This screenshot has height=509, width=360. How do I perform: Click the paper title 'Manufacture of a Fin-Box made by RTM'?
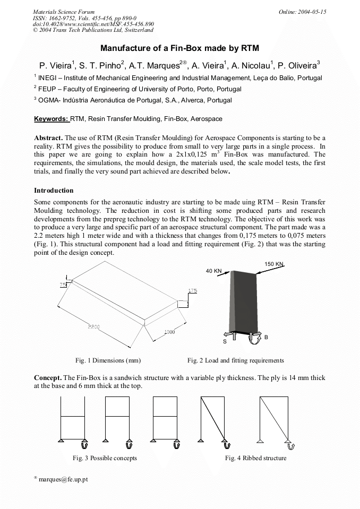coord(179,48)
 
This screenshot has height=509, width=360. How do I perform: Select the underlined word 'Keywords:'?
coord(52,119)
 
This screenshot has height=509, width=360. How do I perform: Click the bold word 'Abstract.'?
coord(48,137)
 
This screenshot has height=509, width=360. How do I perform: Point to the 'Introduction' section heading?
coord(54,190)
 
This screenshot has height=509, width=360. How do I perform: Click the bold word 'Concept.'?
coord(47,377)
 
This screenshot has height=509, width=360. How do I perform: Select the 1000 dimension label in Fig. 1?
coord(169,332)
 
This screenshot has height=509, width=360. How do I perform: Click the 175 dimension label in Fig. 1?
coord(192,291)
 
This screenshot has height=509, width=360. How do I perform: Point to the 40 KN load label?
coord(213,271)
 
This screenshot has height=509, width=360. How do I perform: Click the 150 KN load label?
coord(274,264)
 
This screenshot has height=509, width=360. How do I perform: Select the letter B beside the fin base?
coord(266,337)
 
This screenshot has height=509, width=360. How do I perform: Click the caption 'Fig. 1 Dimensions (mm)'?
coord(108,360)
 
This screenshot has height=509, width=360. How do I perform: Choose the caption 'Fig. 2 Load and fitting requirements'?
coord(235,360)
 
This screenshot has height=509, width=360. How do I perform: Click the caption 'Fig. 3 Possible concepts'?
coord(105,458)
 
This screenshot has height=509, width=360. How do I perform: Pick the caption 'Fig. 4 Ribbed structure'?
coord(255,458)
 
